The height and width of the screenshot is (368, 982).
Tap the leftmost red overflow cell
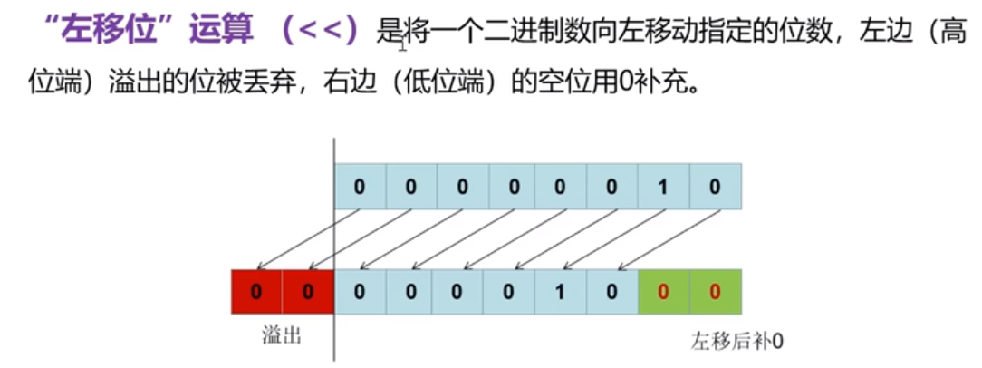pos(256,293)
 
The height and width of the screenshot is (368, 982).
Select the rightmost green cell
pos(715,293)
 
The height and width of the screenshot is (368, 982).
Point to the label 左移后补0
pos(736,342)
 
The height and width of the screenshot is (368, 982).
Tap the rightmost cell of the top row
pos(716,188)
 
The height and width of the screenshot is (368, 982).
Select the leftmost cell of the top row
pos(360,188)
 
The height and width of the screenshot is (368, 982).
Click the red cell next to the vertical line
pos(308,293)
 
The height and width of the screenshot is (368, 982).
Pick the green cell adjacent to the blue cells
pos(664,293)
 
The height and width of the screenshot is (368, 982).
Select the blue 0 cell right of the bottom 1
pos(612,293)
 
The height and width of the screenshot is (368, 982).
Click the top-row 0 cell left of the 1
pos(612,188)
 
